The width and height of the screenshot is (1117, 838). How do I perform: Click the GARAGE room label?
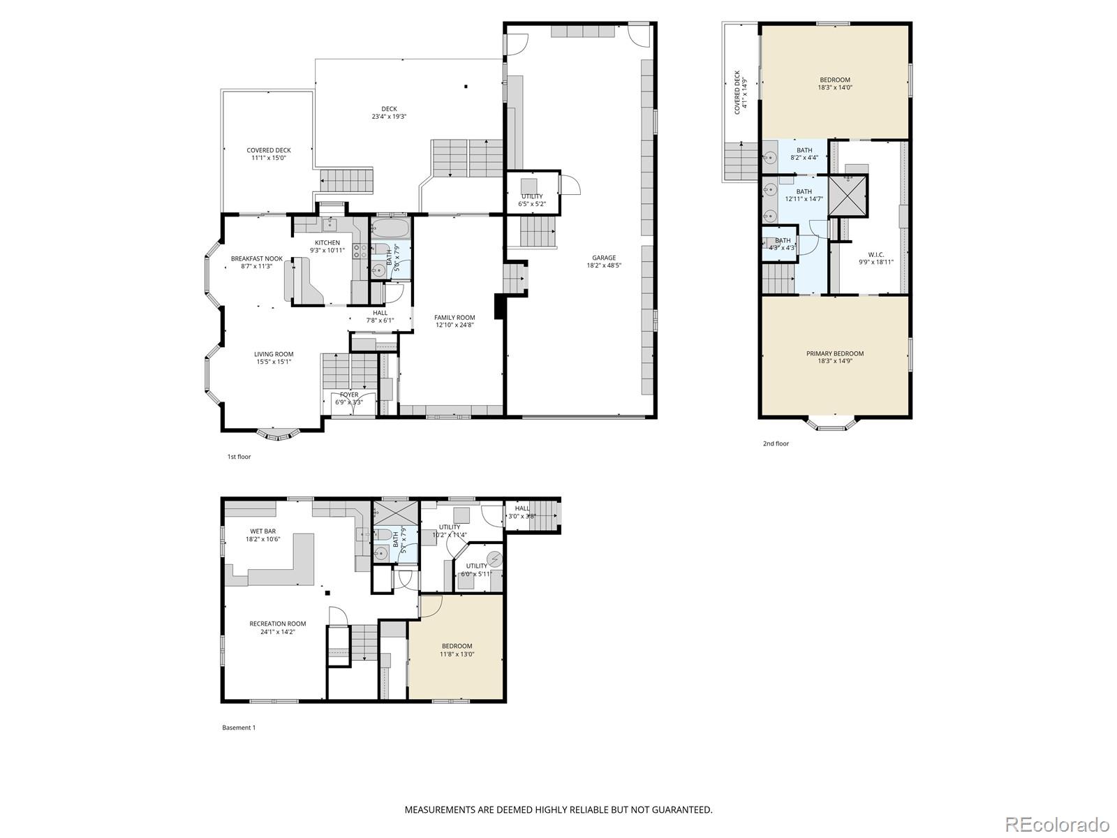coord(604,258)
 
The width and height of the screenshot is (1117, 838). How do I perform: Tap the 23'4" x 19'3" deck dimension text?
coord(389,117)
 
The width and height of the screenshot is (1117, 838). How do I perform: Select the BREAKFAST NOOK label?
coord(257,258)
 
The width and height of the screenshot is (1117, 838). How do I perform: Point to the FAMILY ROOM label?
coord(454,318)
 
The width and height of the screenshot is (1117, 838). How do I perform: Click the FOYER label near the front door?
coord(349,395)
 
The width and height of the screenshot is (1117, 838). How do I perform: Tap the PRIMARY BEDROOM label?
coord(835,353)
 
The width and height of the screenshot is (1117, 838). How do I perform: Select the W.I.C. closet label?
coord(875,254)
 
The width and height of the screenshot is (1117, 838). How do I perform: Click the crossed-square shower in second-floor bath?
coord(848,195)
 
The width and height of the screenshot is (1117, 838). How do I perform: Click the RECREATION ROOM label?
coord(278,624)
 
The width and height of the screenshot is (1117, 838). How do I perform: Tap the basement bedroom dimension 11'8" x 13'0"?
coord(457,654)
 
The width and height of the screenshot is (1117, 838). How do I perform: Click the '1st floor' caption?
coord(239,457)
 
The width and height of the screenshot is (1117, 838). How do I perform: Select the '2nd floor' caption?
coord(776,443)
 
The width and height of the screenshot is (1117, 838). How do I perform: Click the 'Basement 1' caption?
coord(239,728)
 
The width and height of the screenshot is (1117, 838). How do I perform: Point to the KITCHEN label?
coord(327,242)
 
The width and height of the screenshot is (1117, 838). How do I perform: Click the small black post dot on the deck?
coord(466,87)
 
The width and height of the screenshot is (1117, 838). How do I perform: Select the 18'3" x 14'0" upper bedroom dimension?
coord(835,88)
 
